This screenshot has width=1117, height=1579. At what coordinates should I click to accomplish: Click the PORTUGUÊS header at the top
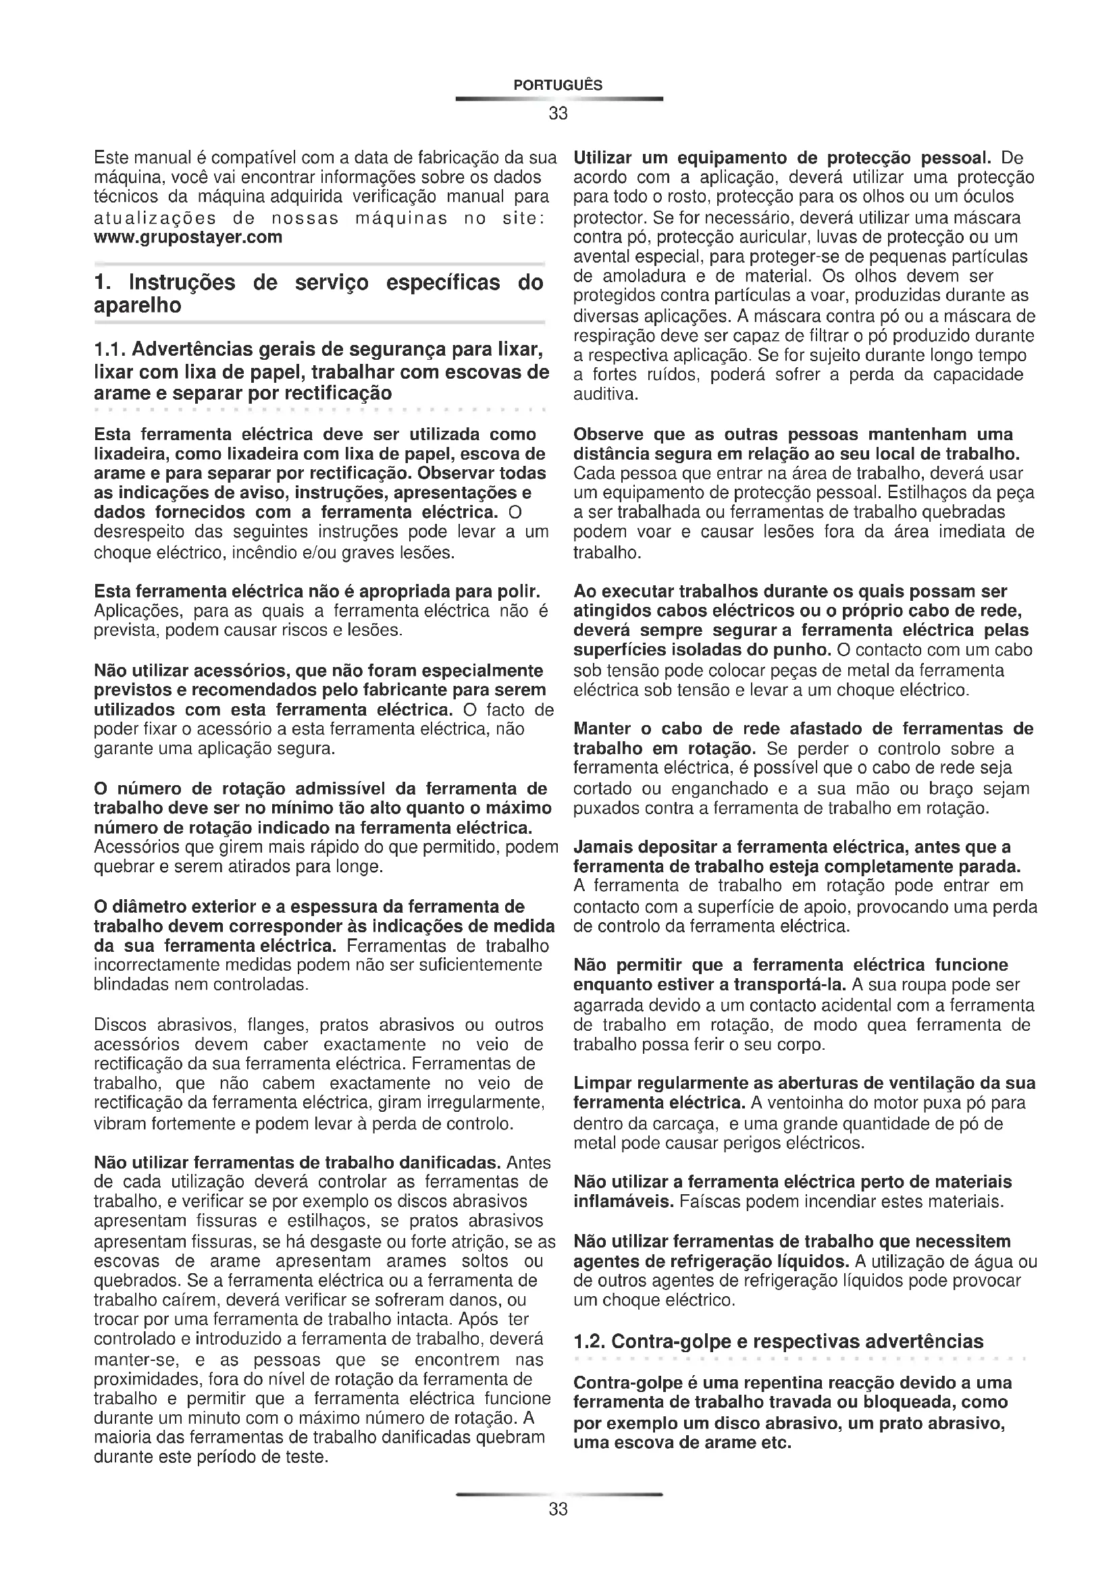point(558,85)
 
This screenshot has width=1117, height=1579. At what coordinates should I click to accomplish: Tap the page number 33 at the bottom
point(558,1509)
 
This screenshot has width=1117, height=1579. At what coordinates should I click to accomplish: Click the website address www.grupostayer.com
point(188,237)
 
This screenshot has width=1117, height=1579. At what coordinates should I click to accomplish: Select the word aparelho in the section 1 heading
point(138,306)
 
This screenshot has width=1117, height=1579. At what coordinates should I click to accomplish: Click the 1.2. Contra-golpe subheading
point(778,1341)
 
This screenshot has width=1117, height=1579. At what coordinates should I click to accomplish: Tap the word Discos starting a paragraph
point(120,1025)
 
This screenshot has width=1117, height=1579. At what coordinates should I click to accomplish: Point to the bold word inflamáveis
point(624,1202)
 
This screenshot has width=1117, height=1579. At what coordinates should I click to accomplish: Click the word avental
point(599,257)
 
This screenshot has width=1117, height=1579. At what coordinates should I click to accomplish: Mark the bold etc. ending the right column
point(775,1442)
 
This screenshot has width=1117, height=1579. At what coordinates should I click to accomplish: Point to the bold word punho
point(804,650)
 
